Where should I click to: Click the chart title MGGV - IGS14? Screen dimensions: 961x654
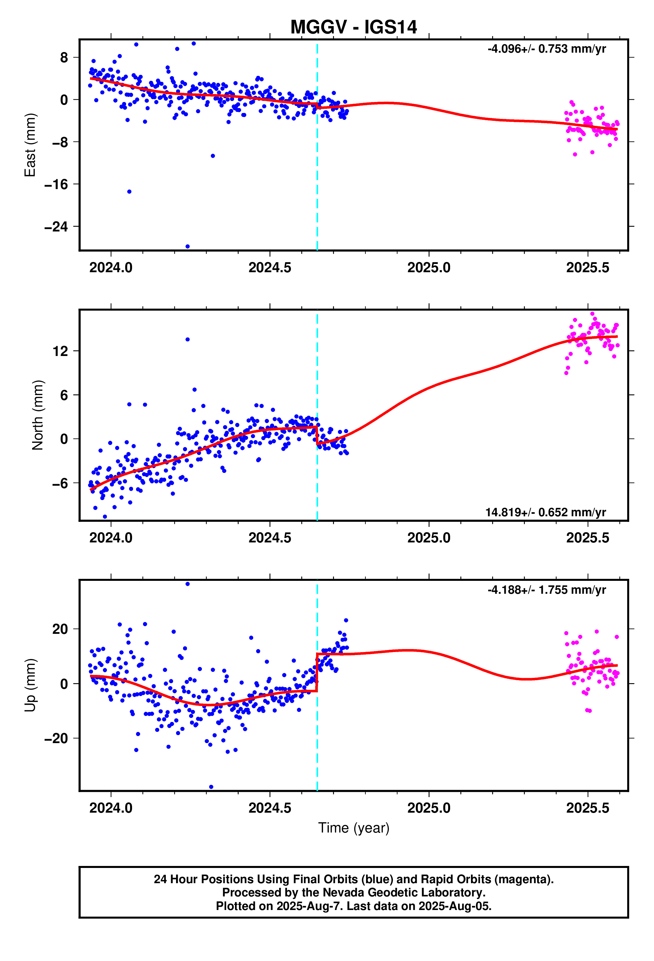[x=353, y=27]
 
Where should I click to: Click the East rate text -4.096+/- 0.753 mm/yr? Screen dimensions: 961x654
[x=546, y=49]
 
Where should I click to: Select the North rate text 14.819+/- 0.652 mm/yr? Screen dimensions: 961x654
[x=545, y=512]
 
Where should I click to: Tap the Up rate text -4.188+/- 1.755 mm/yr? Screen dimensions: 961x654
[x=546, y=590]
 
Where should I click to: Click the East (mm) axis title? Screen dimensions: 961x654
[x=30, y=145]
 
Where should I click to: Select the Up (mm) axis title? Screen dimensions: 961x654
[x=30, y=685]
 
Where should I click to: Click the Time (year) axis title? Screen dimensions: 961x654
[x=353, y=828]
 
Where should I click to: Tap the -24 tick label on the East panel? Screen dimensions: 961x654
[x=56, y=227]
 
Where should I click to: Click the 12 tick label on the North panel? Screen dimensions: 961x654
[x=60, y=351]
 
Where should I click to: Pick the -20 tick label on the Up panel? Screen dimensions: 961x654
[x=56, y=738]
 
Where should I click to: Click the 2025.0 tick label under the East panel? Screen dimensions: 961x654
[x=429, y=268]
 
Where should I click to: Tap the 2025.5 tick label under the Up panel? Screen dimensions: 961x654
[x=587, y=808]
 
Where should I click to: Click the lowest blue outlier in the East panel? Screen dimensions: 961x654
[x=187, y=246]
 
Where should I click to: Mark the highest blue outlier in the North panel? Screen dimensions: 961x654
[x=187, y=339]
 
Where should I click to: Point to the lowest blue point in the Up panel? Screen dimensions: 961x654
[x=211, y=787]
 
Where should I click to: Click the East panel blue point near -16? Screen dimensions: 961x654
[x=129, y=191]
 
